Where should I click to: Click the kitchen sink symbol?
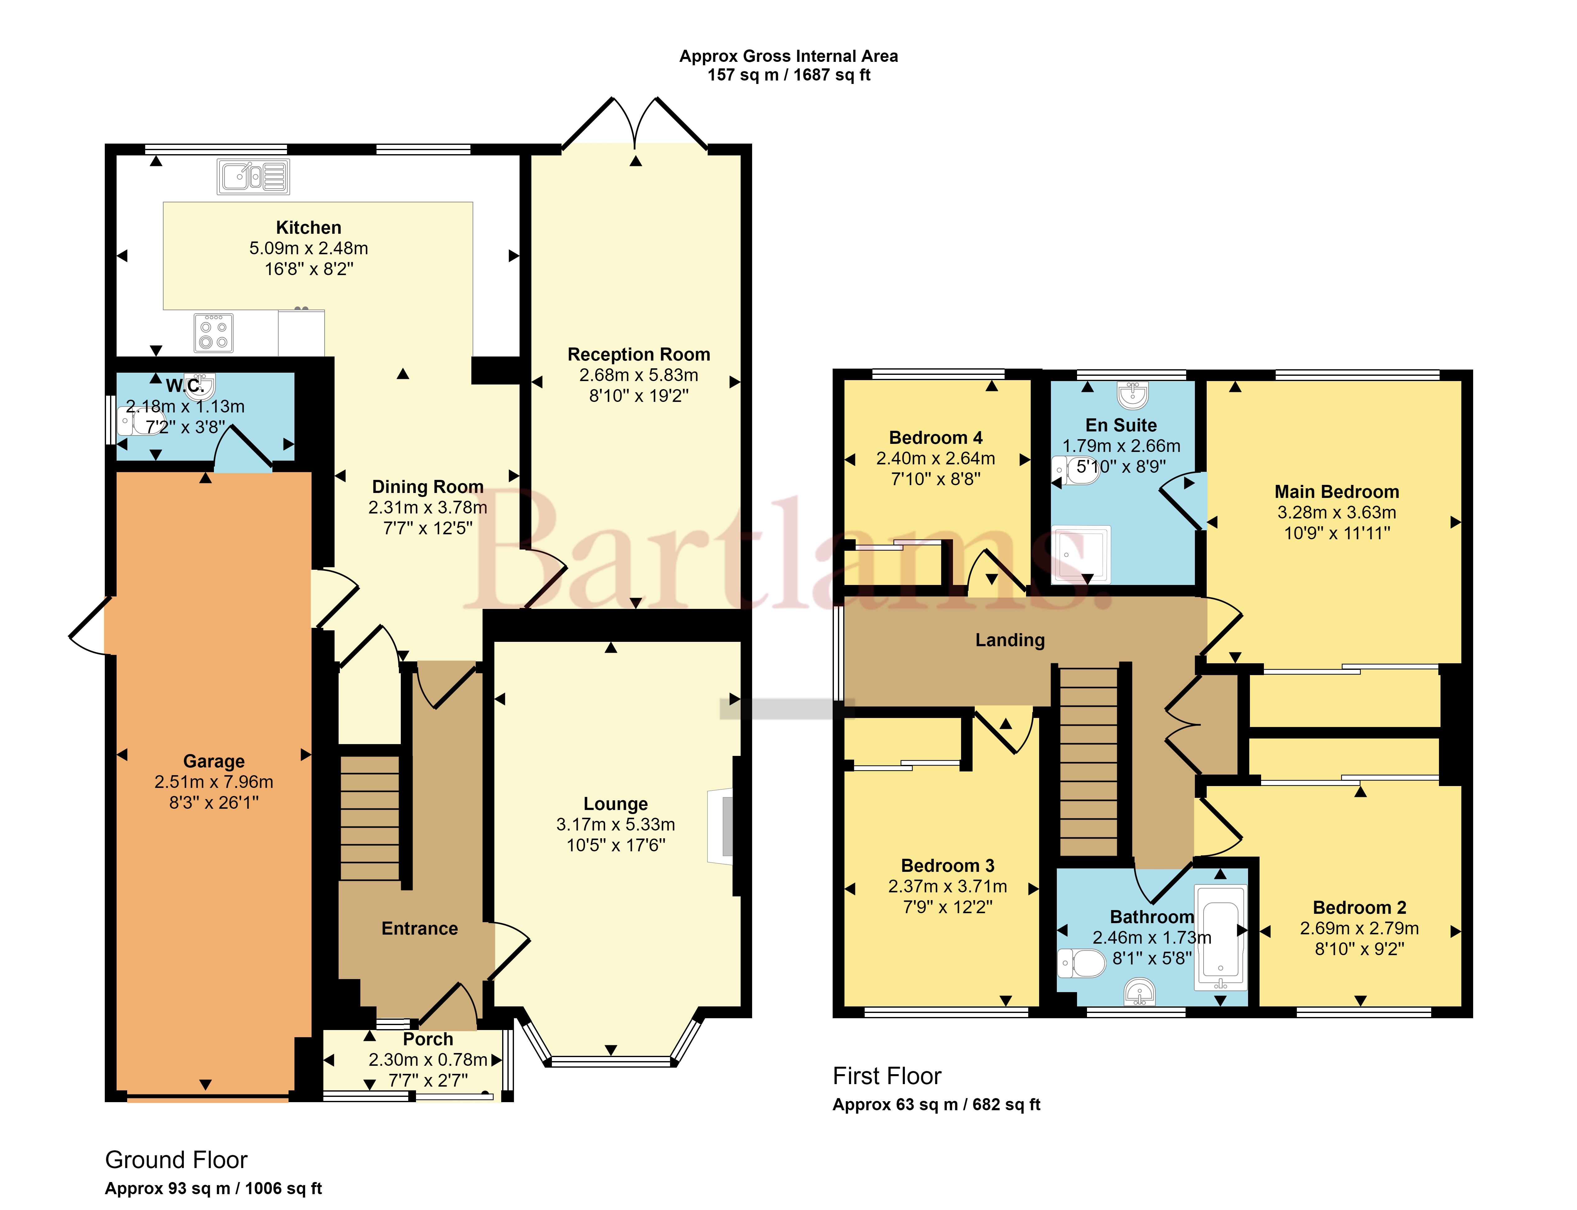[254, 177]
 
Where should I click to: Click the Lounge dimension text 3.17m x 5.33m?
[616, 825]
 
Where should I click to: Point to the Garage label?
[214, 761]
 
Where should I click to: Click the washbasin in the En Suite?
[1132, 395]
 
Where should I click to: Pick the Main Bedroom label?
[1337, 492]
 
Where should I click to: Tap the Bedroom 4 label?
[936, 438]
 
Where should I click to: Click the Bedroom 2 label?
[1359, 908]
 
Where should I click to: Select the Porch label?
[428, 1039]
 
